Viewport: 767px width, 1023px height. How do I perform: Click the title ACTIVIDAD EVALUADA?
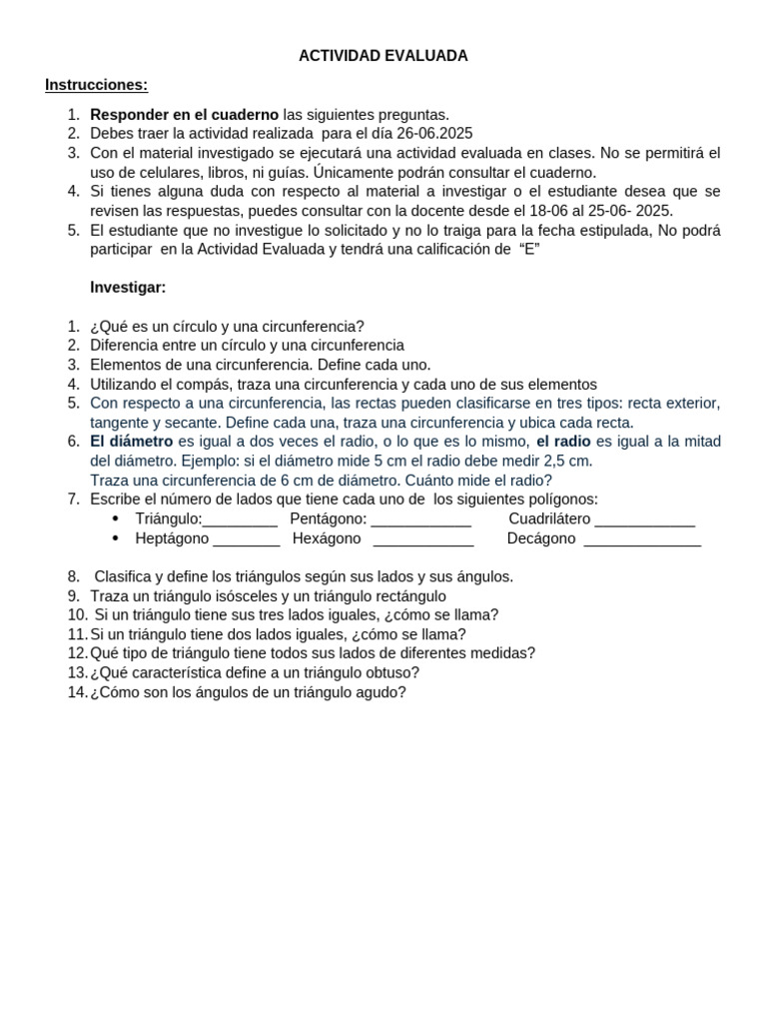point(383,56)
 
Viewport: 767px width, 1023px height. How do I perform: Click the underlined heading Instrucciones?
point(96,85)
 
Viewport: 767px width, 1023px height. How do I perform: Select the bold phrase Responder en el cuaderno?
point(184,115)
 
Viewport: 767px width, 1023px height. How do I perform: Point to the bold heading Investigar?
point(128,288)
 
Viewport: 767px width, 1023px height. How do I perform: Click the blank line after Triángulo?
point(240,519)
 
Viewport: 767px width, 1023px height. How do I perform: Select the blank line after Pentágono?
point(420,519)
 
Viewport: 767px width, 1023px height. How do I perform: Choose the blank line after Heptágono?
point(246,539)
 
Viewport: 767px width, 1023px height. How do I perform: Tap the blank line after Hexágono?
point(422,539)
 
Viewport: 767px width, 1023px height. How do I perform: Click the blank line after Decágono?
point(642,539)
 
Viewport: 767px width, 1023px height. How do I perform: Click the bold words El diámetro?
point(131,442)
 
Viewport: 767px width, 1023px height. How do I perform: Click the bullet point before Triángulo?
point(116,519)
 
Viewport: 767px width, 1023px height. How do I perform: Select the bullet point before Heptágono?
point(116,539)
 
